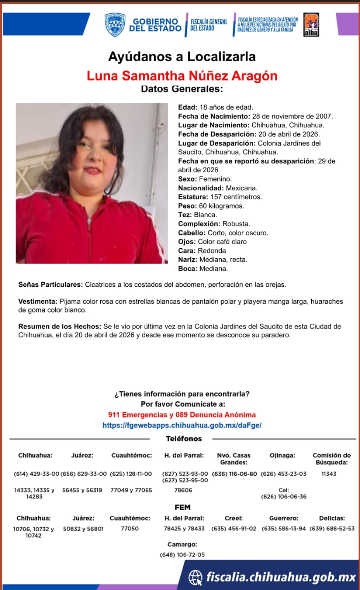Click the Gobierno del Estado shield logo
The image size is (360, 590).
pyautogui.click(x=115, y=25)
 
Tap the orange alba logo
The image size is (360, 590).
pyautogui.click(x=311, y=25)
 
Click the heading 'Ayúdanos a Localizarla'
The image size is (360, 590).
pyautogui.click(x=182, y=56)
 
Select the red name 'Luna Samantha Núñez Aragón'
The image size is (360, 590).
pyautogui.click(x=182, y=76)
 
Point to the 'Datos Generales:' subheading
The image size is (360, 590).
pyautogui.click(x=182, y=89)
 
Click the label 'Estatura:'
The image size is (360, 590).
pyautogui.click(x=193, y=197)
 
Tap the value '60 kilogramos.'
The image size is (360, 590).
pyautogui.click(x=221, y=206)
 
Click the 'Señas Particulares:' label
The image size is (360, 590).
pyautogui.click(x=51, y=285)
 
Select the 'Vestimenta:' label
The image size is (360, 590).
pyautogui.click(x=38, y=301)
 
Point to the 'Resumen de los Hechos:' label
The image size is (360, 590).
pyautogui.click(x=60, y=327)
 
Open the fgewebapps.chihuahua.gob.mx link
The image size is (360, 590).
pyautogui.click(x=182, y=425)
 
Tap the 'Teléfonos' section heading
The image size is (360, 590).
pyautogui.click(x=184, y=439)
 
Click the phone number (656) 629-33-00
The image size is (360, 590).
pyautogui.click(x=83, y=474)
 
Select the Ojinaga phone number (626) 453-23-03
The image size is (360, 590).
pyautogui.click(x=283, y=474)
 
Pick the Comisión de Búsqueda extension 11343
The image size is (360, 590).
pyautogui.click(x=329, y=474)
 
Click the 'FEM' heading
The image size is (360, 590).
pyautogui.click(x=183, y=507)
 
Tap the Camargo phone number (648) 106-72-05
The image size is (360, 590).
pyautogui.click(x=182, y=555)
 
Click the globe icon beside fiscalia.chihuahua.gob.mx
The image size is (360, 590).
pyautogui.click(x=195, y=577)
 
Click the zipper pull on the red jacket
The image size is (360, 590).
pyautogui.click(x=89, y=222)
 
